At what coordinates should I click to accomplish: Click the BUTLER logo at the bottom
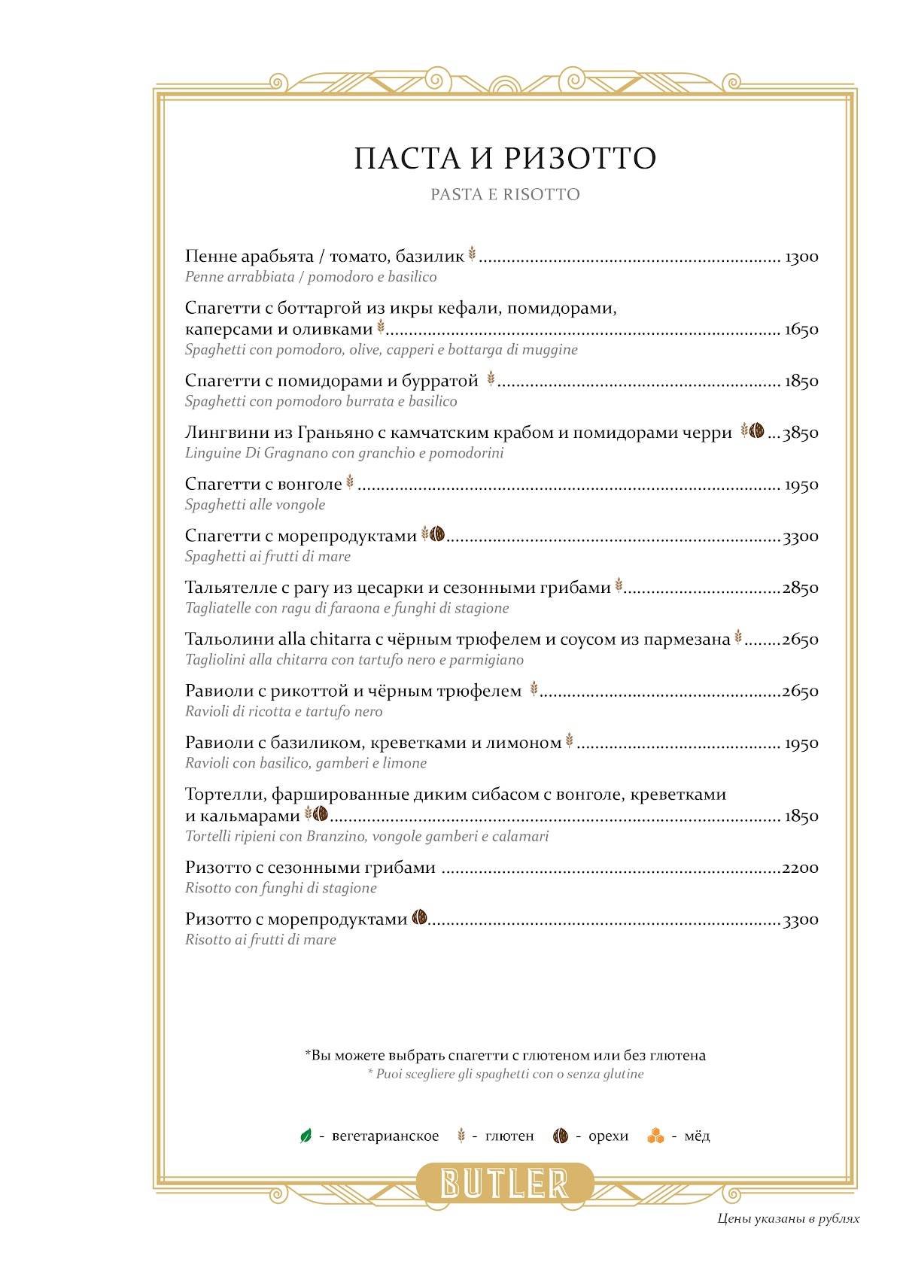[x=504, y=1183]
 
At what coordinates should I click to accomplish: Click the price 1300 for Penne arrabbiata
[x=801, y=257]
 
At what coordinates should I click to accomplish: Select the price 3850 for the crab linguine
[x=801, y=433]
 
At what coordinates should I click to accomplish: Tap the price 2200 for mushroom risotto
[x=801, y=868]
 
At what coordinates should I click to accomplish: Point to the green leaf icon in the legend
[x=306, y=1136]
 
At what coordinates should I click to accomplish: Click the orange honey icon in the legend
[x=655, y=1136]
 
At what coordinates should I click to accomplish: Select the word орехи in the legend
[x=608, y=1136]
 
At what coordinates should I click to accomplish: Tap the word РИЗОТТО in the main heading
[x=579, y=159]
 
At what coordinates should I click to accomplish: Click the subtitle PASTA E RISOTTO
[x=505, y=195]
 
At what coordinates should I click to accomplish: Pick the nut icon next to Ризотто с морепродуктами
[x=420, y=918]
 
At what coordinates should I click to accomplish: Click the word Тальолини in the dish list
[x=229, y=640]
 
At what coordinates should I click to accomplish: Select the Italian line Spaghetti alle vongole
[x=255, y=505]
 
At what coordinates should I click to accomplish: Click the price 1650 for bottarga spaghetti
[x=801, y=330]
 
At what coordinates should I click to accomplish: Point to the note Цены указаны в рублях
[x=788, y=1219]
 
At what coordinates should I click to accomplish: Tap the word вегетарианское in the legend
[x=385, y=1136]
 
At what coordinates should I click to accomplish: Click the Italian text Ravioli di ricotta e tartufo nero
[x=284, y=712]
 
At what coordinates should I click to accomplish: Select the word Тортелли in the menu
[x=223, y=795]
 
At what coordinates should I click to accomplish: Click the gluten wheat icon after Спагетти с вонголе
[x=349, y=483]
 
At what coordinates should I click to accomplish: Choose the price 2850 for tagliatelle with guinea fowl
[x=801, y=588]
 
